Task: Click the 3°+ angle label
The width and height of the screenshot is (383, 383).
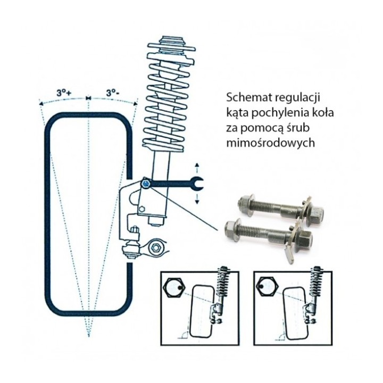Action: coord(64,93)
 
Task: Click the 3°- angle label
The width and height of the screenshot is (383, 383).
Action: coord(113,93)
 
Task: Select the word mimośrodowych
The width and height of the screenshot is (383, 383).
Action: coord(271,143)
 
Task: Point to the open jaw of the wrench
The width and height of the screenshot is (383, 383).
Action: coord(197,184)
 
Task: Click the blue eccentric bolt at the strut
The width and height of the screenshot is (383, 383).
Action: coord(146,184)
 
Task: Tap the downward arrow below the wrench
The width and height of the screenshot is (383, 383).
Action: coord(197,198)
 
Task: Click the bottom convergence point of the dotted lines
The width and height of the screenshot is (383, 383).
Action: coord(89,336)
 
